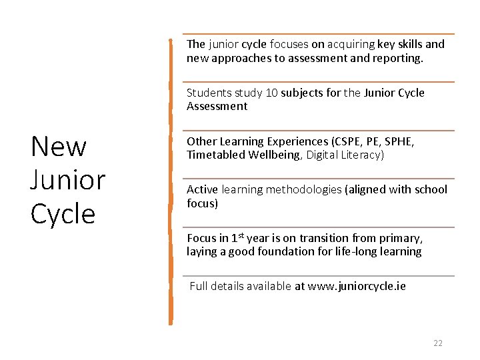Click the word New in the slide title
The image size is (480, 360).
pyautogui.click(x=59, y=146)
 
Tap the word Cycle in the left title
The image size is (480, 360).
pyautogui.click(x=63, y=213)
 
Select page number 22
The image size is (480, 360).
pyautogui.click(x=438, y=343)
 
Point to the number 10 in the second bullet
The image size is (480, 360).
pyautogui.click(x=272, y=93)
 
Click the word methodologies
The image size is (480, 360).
pyautogui.click(x=303, y=190)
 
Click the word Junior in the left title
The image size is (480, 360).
pyautogui.click(x=68, y=180)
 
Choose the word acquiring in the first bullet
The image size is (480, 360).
pyautogui.click(x=351, y=45)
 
